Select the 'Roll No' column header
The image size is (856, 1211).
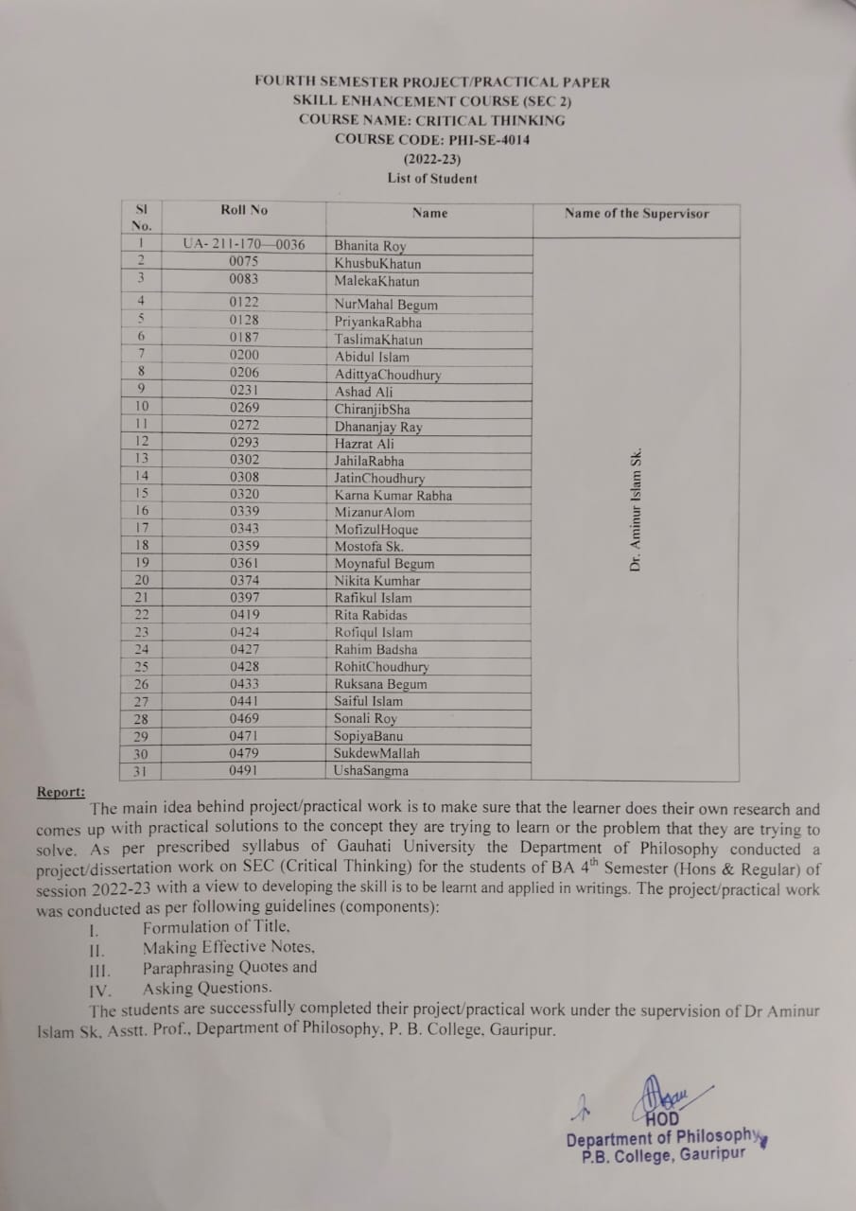(x=244, y=210)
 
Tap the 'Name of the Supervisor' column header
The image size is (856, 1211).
(x=637, y=213)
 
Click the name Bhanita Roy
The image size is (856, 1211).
(x=370, y=247)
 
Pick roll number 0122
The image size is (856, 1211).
(x=244, y=303)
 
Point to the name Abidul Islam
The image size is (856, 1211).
(x=372, y=358)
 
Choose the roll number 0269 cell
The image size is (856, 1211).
(x=244, y=408)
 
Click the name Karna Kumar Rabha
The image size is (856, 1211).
(x=393, y=496)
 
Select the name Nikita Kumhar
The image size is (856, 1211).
(x=377, y=581)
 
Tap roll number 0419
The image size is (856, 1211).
(x=244, y=615)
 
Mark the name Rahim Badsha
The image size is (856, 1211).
(x=376, y=650)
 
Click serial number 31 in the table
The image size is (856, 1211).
(x=142, y=771)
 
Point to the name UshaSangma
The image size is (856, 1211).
(x=372, y=771)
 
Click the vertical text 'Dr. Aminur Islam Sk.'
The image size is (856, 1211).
(x=636, y=508)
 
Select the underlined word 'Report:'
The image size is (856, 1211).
(x=61, y=792)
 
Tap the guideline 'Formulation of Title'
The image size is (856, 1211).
(x=217, y=928)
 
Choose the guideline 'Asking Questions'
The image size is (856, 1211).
(x=207, y=988)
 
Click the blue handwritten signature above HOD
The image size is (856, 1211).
(x=664, y=1097)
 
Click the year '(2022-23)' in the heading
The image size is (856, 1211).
(x=431, y=159)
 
